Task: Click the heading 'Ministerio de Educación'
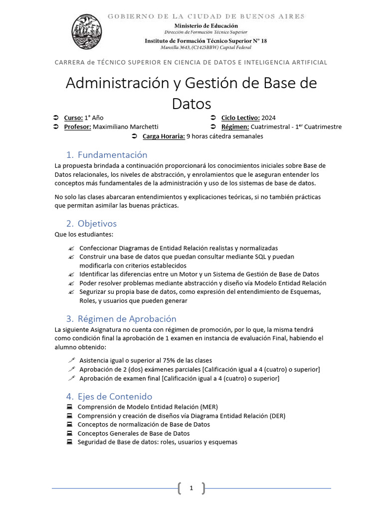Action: pos(205,25)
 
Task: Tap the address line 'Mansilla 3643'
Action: pos(205,47)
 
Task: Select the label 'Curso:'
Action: pos(73,118)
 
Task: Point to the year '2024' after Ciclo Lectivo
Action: pos(268,118)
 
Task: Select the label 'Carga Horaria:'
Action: pos(163,136)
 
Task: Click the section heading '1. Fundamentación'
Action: pos(107,154)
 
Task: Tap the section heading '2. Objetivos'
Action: pos(91,223)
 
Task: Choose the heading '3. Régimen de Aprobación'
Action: pos(121,318)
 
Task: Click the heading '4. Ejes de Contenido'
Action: pos(109,396)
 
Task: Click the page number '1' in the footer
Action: pos(191,489)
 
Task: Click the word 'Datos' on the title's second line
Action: pos(191,103)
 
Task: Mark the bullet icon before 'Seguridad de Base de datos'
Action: pos(69,442)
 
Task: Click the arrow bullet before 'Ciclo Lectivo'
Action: pos(212,118)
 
